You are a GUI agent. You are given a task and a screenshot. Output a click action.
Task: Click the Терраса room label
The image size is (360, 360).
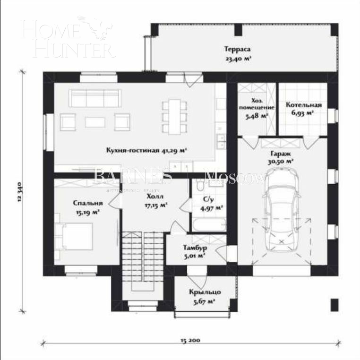[x=237, y=50]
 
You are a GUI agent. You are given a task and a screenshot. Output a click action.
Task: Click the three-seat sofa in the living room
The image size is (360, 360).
[x=94, y=98]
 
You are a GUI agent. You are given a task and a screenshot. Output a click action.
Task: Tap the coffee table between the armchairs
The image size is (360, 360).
[x=95, y=122]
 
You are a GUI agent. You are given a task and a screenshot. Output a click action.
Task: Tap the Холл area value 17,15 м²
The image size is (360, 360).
[x=156, y=205]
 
